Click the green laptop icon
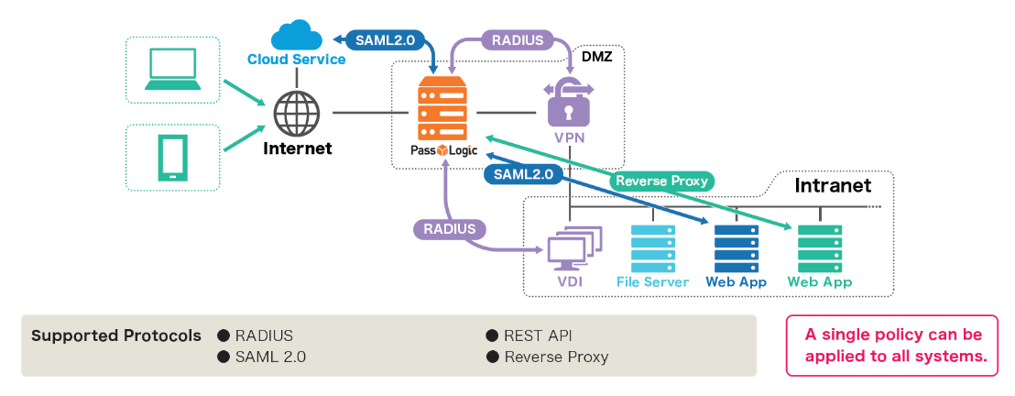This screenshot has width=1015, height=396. tap(172, 70)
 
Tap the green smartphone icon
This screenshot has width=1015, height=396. tap(172, 158)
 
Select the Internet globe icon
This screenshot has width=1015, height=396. tap(297, 113)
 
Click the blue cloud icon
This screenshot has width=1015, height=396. tap(296, 38)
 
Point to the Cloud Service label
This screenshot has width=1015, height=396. tap(296, 60)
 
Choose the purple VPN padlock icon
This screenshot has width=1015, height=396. tap(568, 103)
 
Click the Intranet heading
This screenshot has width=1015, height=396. tap(833, 186)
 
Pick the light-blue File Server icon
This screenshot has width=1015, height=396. tap(652, 247)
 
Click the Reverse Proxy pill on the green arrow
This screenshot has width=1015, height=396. tap(661, 181)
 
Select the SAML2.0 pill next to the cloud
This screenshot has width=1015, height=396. tap(381, 39)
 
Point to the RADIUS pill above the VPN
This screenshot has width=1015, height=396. tap(518, 40)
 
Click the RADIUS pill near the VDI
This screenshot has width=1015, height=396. tap(449, 228)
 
